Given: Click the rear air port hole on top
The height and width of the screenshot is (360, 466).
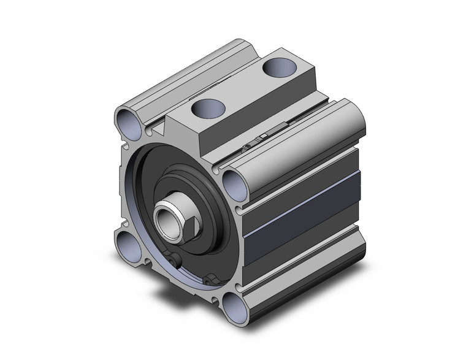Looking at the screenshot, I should [278, 67].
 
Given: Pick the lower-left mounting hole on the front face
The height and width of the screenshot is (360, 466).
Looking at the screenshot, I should [131, 242].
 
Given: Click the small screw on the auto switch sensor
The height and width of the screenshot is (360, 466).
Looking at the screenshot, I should [245, 147].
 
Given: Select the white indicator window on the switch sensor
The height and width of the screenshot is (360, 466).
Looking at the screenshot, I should [262, 136].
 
